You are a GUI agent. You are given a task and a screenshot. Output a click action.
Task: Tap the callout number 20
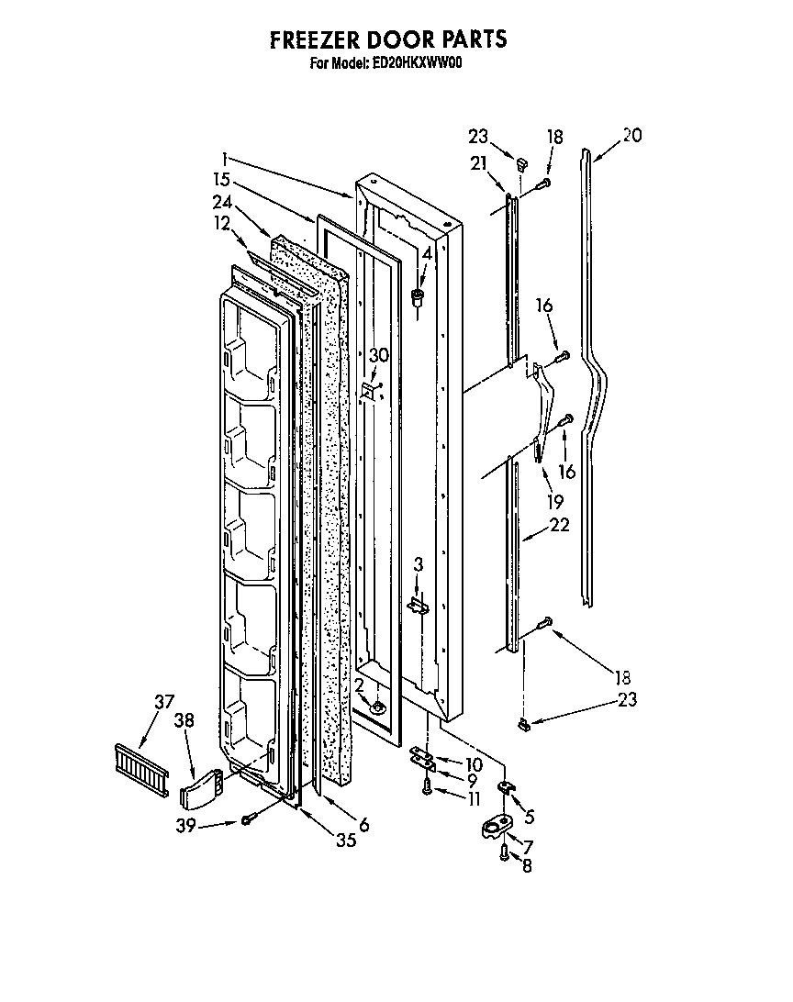(631, 136)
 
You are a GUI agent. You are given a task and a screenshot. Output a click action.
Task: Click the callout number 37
(164, 704)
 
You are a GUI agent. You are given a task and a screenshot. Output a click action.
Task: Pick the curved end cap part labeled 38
(202, 785)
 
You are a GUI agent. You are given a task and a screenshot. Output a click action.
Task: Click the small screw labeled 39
(246, 818)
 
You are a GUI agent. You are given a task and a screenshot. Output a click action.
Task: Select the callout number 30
(378, 355)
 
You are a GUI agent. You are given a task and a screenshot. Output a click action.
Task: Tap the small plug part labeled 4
(419, 295)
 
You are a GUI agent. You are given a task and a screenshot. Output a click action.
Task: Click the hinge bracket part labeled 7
(497, 828)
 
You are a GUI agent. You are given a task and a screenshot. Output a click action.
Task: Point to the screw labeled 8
(504, 852)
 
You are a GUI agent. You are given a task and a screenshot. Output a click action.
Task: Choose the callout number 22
(559, 525)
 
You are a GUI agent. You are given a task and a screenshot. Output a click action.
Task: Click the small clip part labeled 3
(419, 606)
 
